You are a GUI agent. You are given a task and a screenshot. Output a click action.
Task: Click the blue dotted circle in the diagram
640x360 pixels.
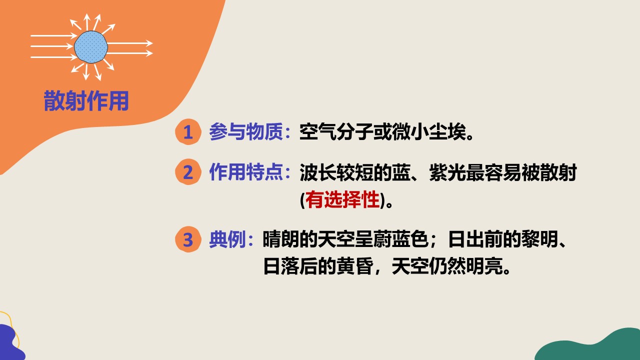[91, 47]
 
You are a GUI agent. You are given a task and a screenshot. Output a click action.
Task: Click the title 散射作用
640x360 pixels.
[86, 100]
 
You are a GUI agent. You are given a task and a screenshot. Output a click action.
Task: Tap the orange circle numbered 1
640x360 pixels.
[188, 131]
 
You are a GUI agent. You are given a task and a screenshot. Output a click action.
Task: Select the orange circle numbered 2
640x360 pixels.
[188, 171]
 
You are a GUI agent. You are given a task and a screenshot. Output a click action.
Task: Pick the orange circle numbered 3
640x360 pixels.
[188, 239]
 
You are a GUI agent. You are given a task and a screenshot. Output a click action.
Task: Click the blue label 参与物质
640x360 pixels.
[246, 131]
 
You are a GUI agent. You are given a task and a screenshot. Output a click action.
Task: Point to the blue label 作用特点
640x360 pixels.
[246, 172]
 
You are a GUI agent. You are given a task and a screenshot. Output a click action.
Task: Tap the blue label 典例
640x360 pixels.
[227, 239]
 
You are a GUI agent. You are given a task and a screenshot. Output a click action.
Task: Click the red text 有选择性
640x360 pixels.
[342, 199]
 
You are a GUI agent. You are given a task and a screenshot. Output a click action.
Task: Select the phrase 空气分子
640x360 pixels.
[336, 131]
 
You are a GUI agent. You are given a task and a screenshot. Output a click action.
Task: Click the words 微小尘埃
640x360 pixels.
[429, 131]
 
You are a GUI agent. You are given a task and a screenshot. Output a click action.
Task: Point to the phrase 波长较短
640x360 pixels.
[336, 172]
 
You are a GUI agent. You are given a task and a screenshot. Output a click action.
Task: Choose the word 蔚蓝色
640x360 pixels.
[401, 239]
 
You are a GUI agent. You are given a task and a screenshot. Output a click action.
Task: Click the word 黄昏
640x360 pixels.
[355, 266]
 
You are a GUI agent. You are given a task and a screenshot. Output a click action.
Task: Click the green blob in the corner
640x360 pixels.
[591, 346]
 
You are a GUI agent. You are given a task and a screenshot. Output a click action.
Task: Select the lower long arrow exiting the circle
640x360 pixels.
[130, 53]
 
